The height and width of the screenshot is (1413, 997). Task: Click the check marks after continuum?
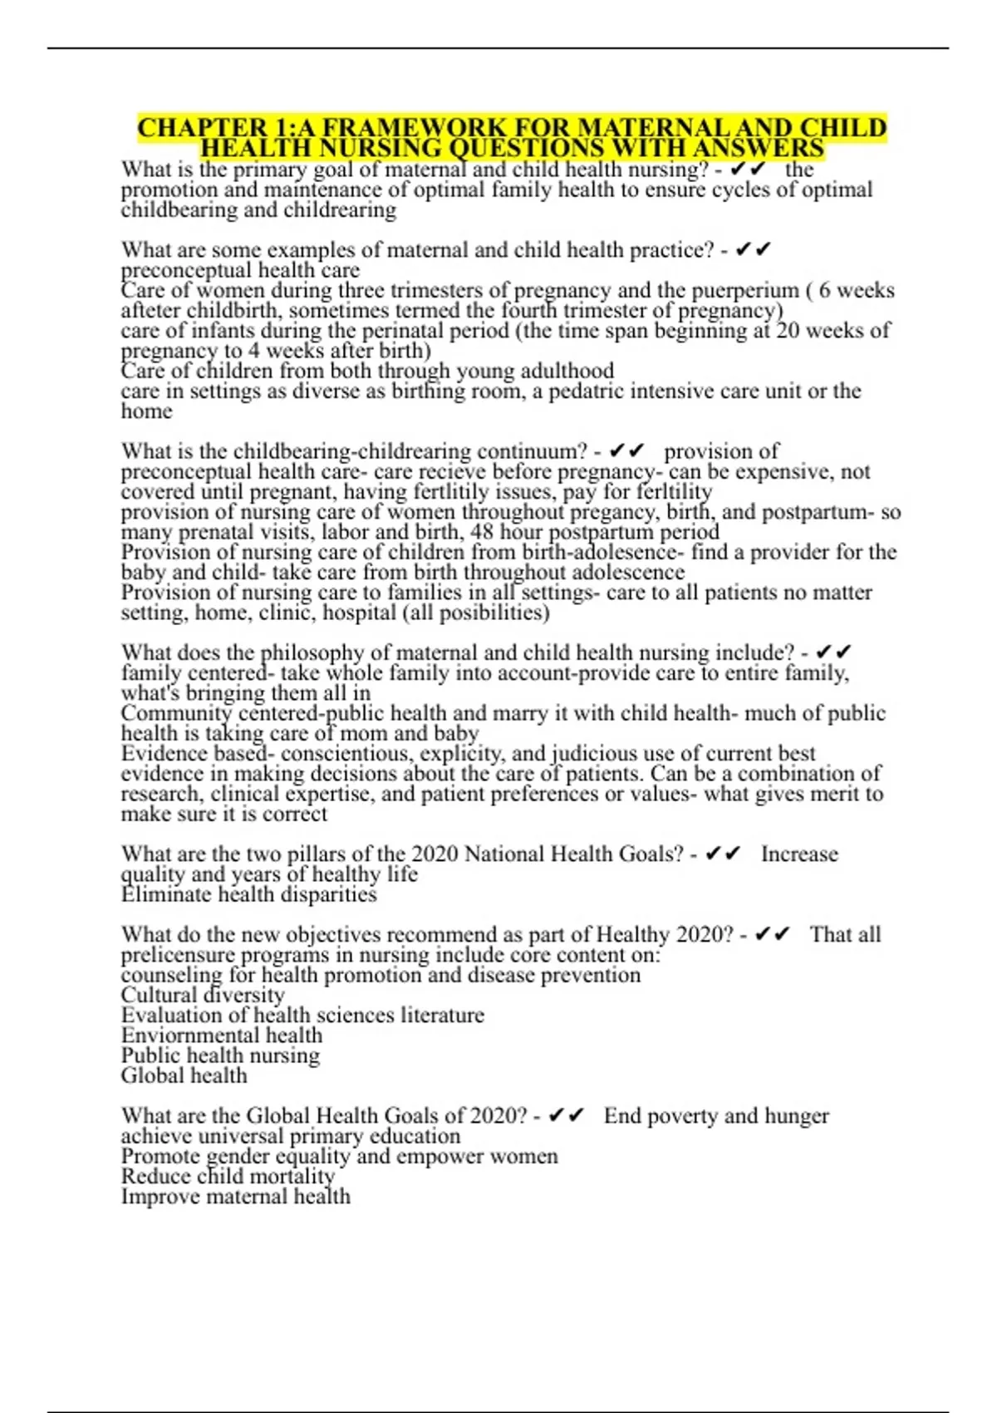[627, 451]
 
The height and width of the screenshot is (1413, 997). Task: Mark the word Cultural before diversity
[158, 995]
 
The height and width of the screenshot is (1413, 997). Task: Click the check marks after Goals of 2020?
[567, 1116]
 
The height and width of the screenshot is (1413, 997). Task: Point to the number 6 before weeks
[823, 291]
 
